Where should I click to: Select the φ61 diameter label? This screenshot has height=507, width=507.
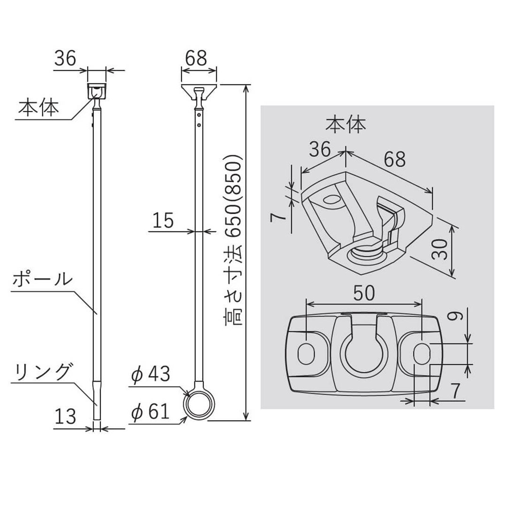pyautogui.click(x=150, y=412)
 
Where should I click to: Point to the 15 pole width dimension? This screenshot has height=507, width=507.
pyautogui.click(x=163, y=220)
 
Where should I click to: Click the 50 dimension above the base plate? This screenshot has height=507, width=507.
pyautogui.click(x=364, y=293)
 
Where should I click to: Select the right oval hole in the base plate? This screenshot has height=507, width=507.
pyautogui.click(x=422, y=352)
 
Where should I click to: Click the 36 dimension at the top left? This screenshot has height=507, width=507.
pyautogui.click(x=65, y=58)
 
